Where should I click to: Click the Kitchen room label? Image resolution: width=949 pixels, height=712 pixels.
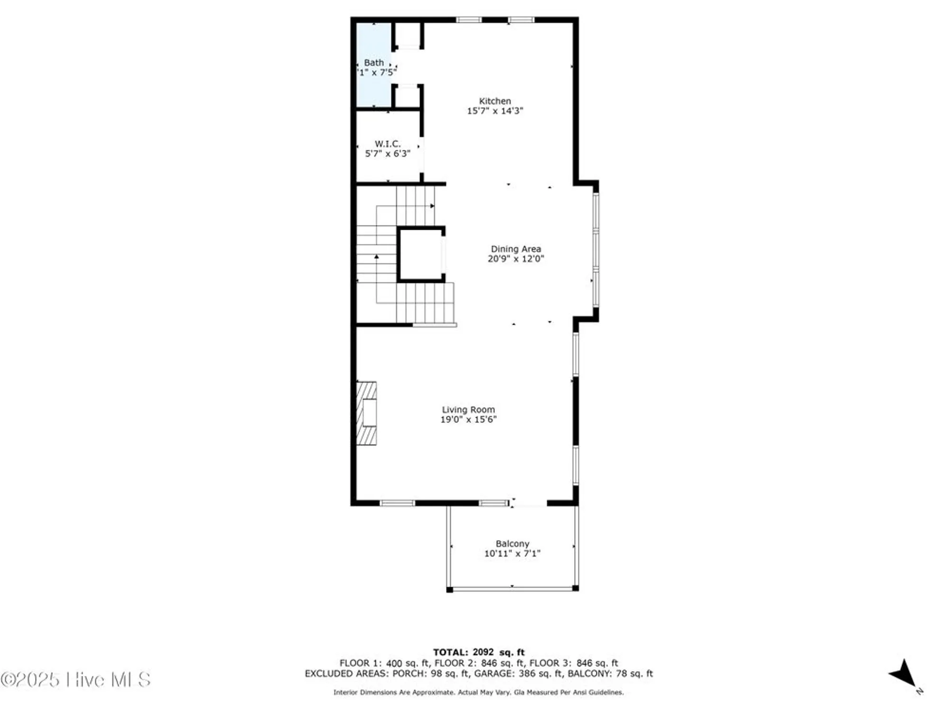tap(495, 101)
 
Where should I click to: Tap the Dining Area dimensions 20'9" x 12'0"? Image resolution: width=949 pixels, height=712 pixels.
tap(516, 259)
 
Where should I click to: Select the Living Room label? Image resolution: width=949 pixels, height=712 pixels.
tap(468, 410)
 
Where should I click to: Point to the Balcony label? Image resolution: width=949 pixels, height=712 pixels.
tap(512, 543)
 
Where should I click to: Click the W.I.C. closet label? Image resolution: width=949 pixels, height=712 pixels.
tap(388, 143)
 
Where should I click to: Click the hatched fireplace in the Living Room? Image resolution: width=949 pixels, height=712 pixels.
tap(367, 413)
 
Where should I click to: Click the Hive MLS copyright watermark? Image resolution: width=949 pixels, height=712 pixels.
tap(76, 680)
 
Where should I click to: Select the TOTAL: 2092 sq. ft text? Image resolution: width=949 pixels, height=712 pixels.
tap(479, 652)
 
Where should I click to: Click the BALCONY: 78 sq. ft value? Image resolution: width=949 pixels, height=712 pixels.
tap(610, 674)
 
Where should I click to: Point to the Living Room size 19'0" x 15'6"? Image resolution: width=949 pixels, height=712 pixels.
tap(468, 420)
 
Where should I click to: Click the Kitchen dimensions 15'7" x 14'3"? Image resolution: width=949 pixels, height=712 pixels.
tap(495, 111)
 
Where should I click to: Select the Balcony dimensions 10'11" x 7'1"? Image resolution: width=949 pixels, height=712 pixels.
tap(512, 553)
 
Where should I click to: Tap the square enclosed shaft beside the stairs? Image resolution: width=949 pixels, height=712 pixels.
tap(421, 254)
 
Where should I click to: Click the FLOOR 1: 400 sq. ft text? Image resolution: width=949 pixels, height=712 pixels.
tap(384, 663)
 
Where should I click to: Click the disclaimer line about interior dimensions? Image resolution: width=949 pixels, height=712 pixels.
tap(478, 693)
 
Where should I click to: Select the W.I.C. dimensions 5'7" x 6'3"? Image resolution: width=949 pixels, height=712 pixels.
tap(388, 154)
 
